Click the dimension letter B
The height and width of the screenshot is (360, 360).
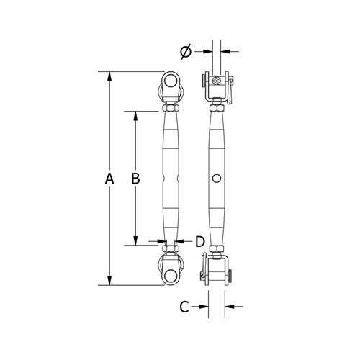point(135,179)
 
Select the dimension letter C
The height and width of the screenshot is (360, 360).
point(184,307)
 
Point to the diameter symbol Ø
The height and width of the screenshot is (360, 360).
point(185,51)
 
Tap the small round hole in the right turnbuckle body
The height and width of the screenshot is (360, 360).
point(217,178)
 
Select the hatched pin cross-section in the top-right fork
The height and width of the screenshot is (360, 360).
point(217,80)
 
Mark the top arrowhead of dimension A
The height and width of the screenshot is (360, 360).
point(109,75)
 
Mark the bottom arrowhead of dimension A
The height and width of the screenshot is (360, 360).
point(109,282)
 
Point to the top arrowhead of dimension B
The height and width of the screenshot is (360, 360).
point(135,114)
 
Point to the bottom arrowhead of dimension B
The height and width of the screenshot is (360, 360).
point(135,242)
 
